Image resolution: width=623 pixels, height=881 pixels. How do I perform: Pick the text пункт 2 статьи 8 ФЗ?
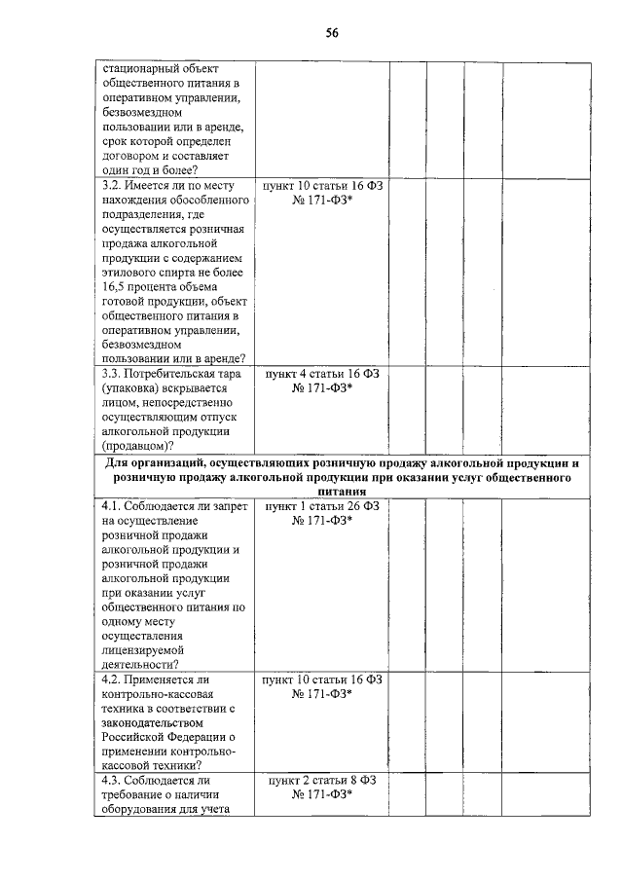321,781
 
